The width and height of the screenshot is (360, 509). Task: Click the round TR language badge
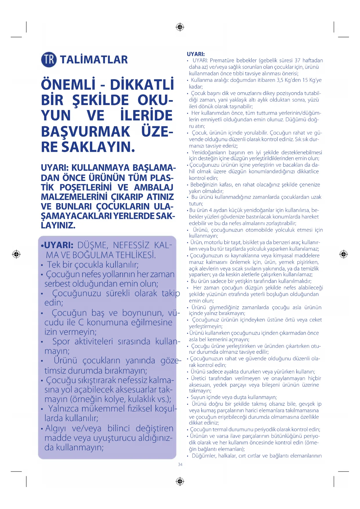coord(49,59)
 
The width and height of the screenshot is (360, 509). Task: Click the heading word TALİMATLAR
coord(94,60)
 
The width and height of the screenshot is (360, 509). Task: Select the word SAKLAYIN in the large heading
coord(98,147)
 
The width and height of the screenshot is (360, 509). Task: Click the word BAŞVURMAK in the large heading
coord(86,131)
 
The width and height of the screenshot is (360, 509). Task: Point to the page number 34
coord(180,465)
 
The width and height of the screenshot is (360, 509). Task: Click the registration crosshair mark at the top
coord(180,27)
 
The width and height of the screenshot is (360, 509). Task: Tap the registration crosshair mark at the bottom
coord(180,481)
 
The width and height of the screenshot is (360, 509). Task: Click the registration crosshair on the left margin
coord(16,254)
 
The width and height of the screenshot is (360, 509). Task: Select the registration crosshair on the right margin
coord(343,254)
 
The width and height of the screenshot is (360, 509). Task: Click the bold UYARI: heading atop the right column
coord(196,54)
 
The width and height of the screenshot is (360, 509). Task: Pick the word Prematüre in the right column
coord(222,60)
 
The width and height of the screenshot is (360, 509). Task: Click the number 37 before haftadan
coord(297,60)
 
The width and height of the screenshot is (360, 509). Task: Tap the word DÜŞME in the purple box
coord(93,245)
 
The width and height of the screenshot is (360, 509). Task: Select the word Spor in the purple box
coord(61,342)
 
